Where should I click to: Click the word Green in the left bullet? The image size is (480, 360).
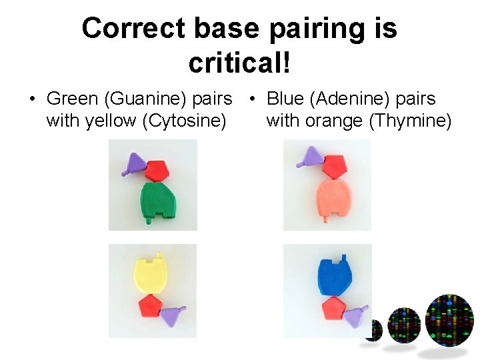72,99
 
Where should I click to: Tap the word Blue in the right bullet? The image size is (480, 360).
284,99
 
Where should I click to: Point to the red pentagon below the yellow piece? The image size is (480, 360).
151,307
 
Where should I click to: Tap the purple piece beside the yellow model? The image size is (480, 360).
175,315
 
